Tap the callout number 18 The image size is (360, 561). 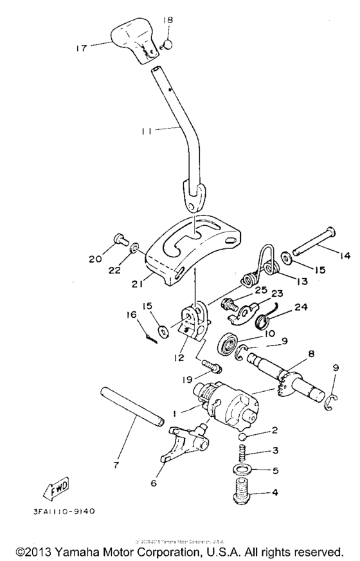pos(168,21)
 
